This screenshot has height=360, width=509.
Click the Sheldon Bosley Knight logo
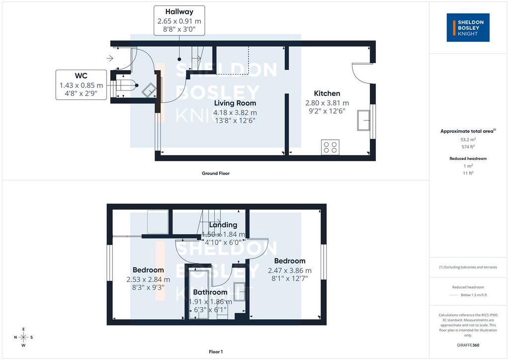click(468, 27)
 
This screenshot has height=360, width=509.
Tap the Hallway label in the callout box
click(179, 12)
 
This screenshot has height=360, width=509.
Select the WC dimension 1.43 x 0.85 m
click(81, 86)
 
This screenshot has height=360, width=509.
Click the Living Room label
click(235, 103)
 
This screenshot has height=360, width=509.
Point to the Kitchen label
click(327, 93)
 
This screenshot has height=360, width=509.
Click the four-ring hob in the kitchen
click(330, 147)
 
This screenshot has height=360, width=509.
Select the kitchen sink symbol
click(363, 120)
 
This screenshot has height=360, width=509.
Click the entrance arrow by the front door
click(110, 58)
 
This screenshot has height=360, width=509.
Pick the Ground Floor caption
click(216, 174)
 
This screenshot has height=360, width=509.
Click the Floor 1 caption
click(216, 352)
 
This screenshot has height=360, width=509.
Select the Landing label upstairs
click(223, 225)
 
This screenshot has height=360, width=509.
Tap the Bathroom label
click(210, 292)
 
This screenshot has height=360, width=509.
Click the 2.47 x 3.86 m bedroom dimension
click(290, 270)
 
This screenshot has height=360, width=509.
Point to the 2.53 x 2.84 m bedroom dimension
click(148, 279)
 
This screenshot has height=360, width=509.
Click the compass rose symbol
click(23, 337)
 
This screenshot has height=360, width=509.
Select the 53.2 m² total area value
click(468, 140)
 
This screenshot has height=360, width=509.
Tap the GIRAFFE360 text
click(468, 345)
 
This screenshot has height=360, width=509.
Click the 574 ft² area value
click(468, 147)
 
